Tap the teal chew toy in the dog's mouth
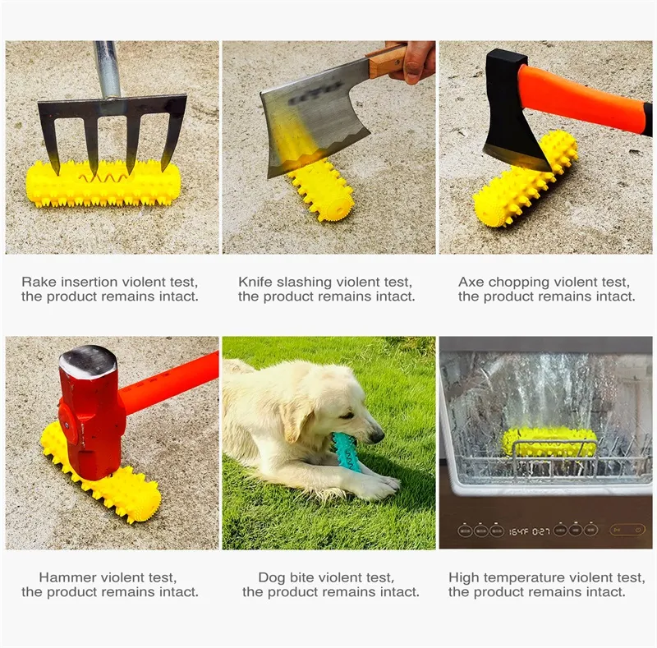tap(346, 453)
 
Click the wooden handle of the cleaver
tap(387, 62)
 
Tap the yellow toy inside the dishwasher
tap(549, 443)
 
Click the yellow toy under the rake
tap(103, 185)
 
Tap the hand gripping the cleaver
tap(413, 62)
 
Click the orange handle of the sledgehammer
tap(170, 384)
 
